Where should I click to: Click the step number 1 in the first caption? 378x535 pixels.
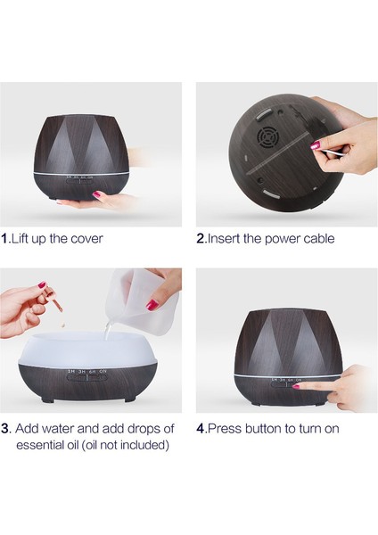pos(4,238)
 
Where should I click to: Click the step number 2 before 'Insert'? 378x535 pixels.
pos(201,238)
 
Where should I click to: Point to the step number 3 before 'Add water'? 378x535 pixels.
pos(5,429)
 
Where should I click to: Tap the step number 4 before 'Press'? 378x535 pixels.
pos(201,429)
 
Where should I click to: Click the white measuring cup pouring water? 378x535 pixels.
pos(144,301)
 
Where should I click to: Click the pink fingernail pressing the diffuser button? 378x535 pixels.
pos(296,387)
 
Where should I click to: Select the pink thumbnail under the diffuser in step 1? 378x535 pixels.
pos(98,194)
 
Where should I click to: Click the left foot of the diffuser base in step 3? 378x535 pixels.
pos(46,399)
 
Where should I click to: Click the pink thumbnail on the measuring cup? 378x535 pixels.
pos(152,304)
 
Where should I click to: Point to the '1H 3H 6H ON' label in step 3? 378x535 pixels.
pos(87,371)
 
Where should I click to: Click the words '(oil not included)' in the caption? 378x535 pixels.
pos(125,445)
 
